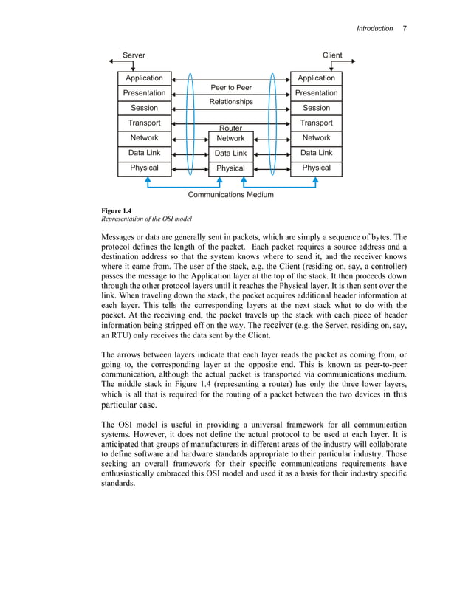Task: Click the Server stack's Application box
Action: (x=144, y=78)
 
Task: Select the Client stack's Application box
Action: (x=316, y=78)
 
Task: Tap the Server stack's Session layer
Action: (x=144, y=109)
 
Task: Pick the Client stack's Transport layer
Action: (x=316, y=123)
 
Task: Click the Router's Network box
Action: (x=230, y=139)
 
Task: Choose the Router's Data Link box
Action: (x=230, y=154)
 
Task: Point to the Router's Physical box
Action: (x=230, y=168)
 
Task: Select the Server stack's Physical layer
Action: (x=144, y=168)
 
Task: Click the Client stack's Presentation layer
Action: (x=316, y=94)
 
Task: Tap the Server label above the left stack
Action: (x=134, y=55)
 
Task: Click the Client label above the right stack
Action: (x=332, y=55)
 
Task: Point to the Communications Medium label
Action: (x=230, y=195)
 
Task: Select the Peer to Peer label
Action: (x=231, y=88)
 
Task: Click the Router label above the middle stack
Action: (x=230, y=128)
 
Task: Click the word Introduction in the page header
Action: (x=374, y=28)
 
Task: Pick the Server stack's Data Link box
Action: (x=144, y=154)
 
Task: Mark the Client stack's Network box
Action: (x=316, y=139)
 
